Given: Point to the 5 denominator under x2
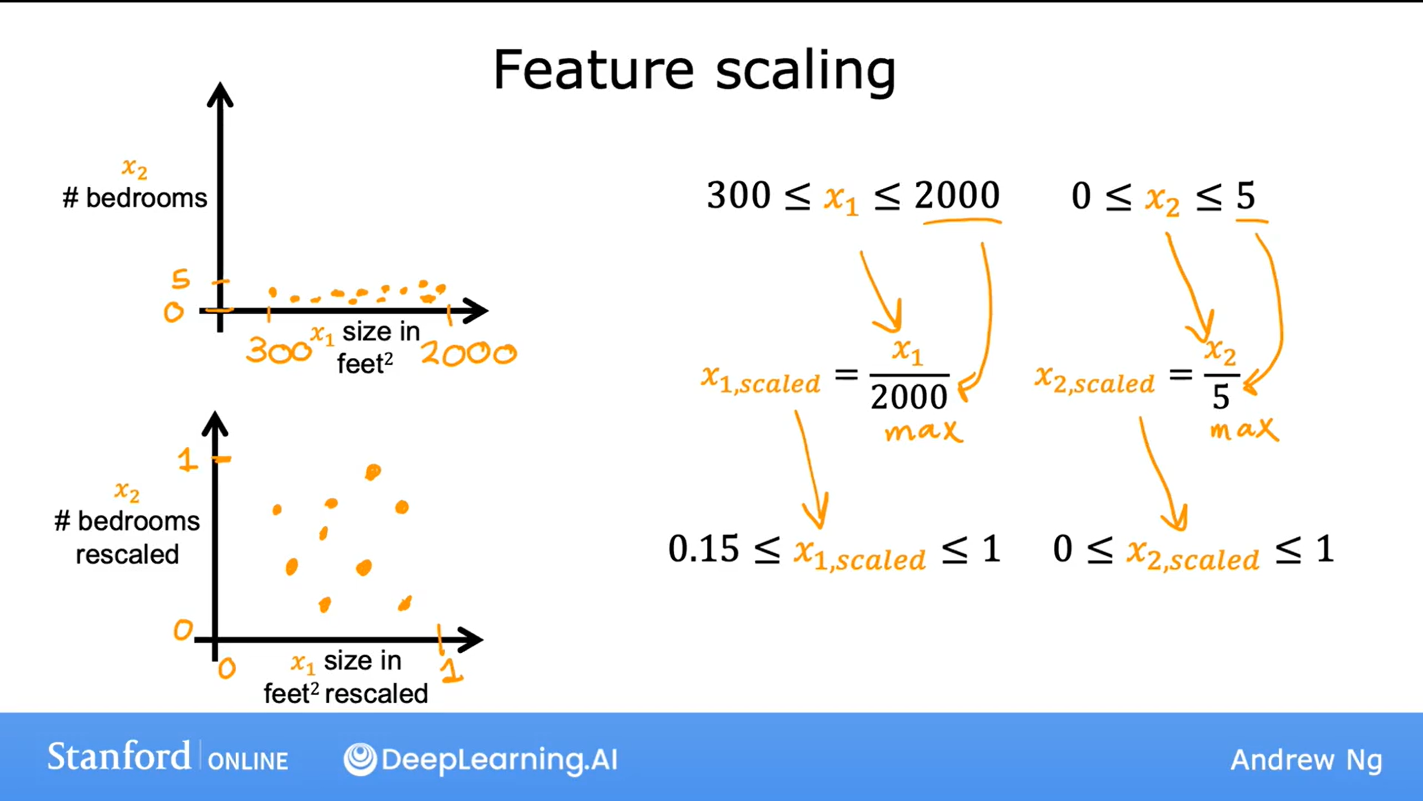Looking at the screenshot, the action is click(x=1221, y=397).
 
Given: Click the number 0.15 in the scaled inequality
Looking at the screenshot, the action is click(x=703, y=548).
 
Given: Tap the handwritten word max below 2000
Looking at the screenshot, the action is click(x=924, y=431).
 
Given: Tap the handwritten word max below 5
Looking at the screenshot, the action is click(x=1244, y=429).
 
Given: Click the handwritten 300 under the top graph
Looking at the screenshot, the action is click(x=279, y=350).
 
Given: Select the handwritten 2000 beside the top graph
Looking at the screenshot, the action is click(x=469, y=353).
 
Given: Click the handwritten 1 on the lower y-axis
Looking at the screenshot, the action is click(x=187, y=460).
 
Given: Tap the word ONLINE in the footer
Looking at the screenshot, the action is click(x=248, y=760).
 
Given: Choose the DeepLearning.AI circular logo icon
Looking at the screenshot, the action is click(x=360, y=759).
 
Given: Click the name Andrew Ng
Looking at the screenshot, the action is click(x=1306, y=760).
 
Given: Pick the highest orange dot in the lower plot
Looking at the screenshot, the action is click(x=373, y=472).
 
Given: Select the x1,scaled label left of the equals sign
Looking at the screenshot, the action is click(x=761, y=380).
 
